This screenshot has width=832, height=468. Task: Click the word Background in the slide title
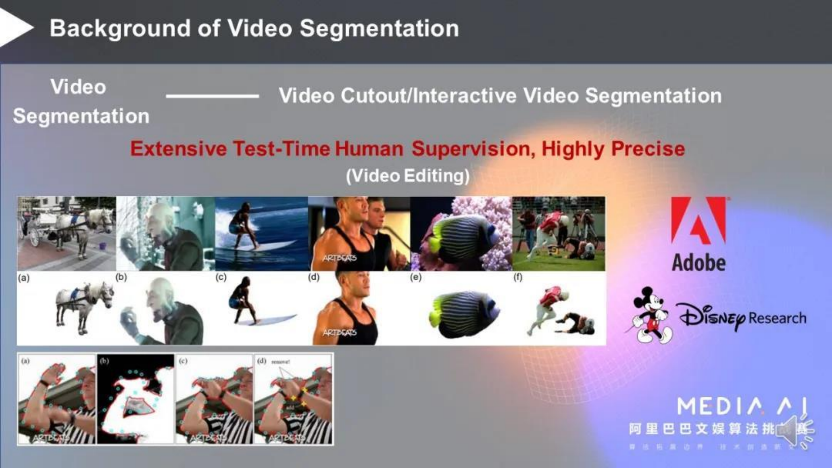pyautogui.click(x=120, y=29)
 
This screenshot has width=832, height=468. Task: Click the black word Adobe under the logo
pyautogui.click(x=699, y=262)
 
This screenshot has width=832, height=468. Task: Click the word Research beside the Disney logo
pyautogui.click(x=777, y=318)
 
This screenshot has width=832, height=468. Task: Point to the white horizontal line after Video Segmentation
pyautogui.click(x=212, y=96)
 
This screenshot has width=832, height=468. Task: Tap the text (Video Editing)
pyautogui.click(x=408, y=176)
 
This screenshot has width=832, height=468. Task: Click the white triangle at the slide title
pyautogui.click(x=15, y=28)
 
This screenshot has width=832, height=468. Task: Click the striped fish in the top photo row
pyautogui.click(x=458, y=239)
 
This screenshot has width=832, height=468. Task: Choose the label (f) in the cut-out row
pyautogui.click(x=518, y=277)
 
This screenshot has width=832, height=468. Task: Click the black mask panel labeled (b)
pyautogui.click(x=136, y=399)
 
